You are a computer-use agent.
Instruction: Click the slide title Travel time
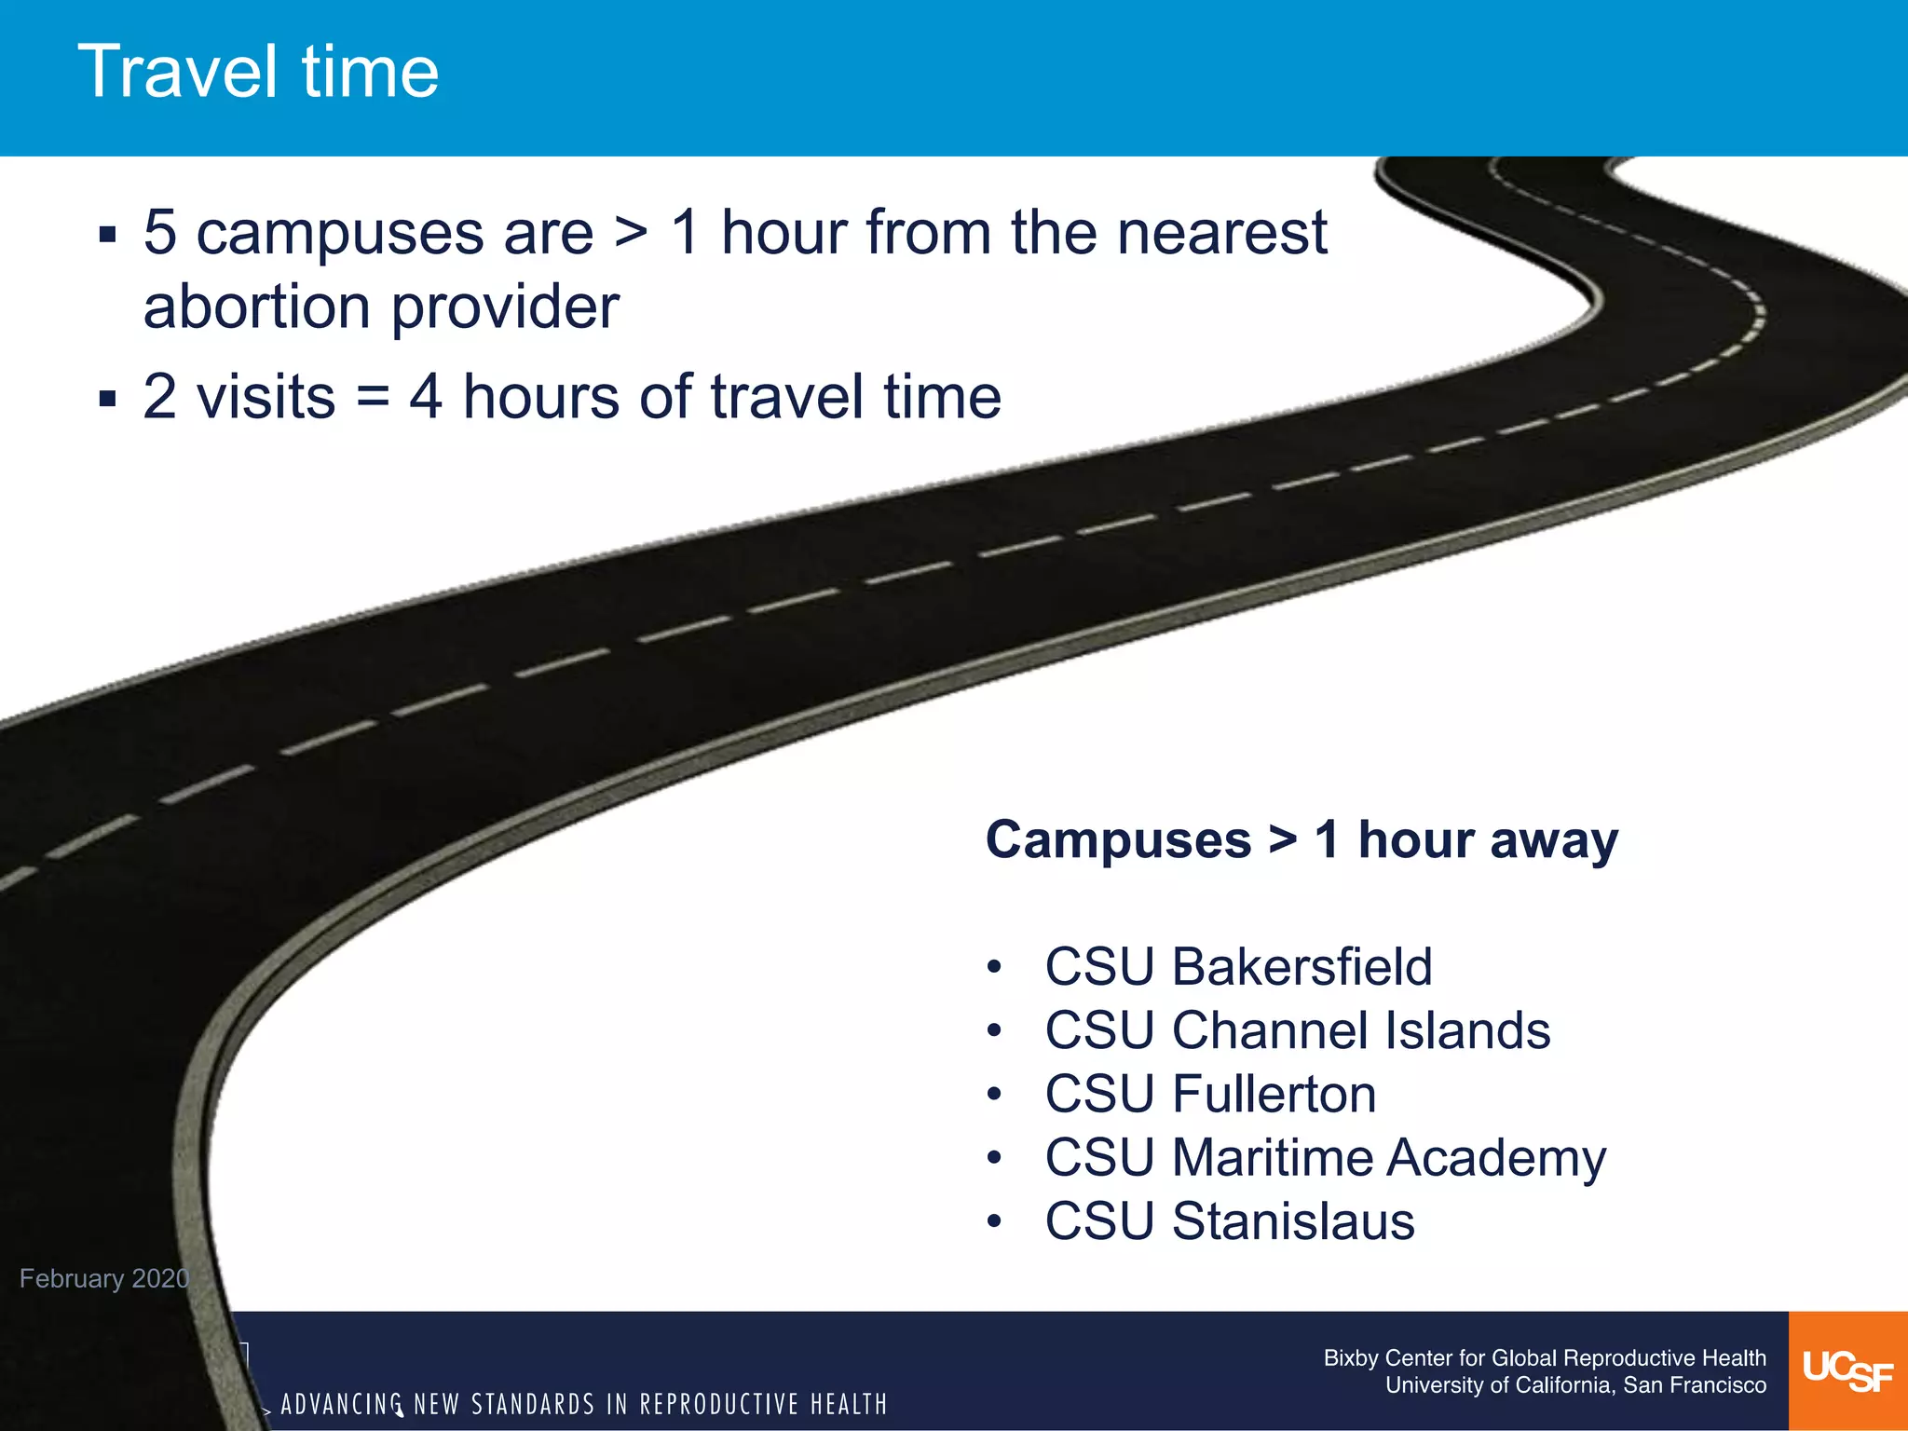258,72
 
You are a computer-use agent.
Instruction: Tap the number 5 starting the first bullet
160,232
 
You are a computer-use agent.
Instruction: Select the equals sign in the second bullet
373,397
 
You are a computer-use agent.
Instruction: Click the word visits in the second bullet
266,397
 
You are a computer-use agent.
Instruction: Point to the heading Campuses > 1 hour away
1302,839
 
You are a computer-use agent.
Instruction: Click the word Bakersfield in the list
1302,966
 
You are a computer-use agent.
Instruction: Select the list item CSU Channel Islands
1297,1030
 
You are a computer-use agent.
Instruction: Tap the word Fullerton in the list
1274,1094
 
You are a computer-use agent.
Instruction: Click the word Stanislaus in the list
1293,1220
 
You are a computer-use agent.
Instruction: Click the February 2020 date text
104,1278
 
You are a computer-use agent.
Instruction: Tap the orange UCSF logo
1847,1370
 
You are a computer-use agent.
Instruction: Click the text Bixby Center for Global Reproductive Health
1544,1357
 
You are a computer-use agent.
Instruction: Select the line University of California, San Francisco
1574,1385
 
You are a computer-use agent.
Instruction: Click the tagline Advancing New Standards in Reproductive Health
584,1404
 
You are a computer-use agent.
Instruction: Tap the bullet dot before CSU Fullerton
994,1094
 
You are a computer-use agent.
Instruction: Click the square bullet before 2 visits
108,400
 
